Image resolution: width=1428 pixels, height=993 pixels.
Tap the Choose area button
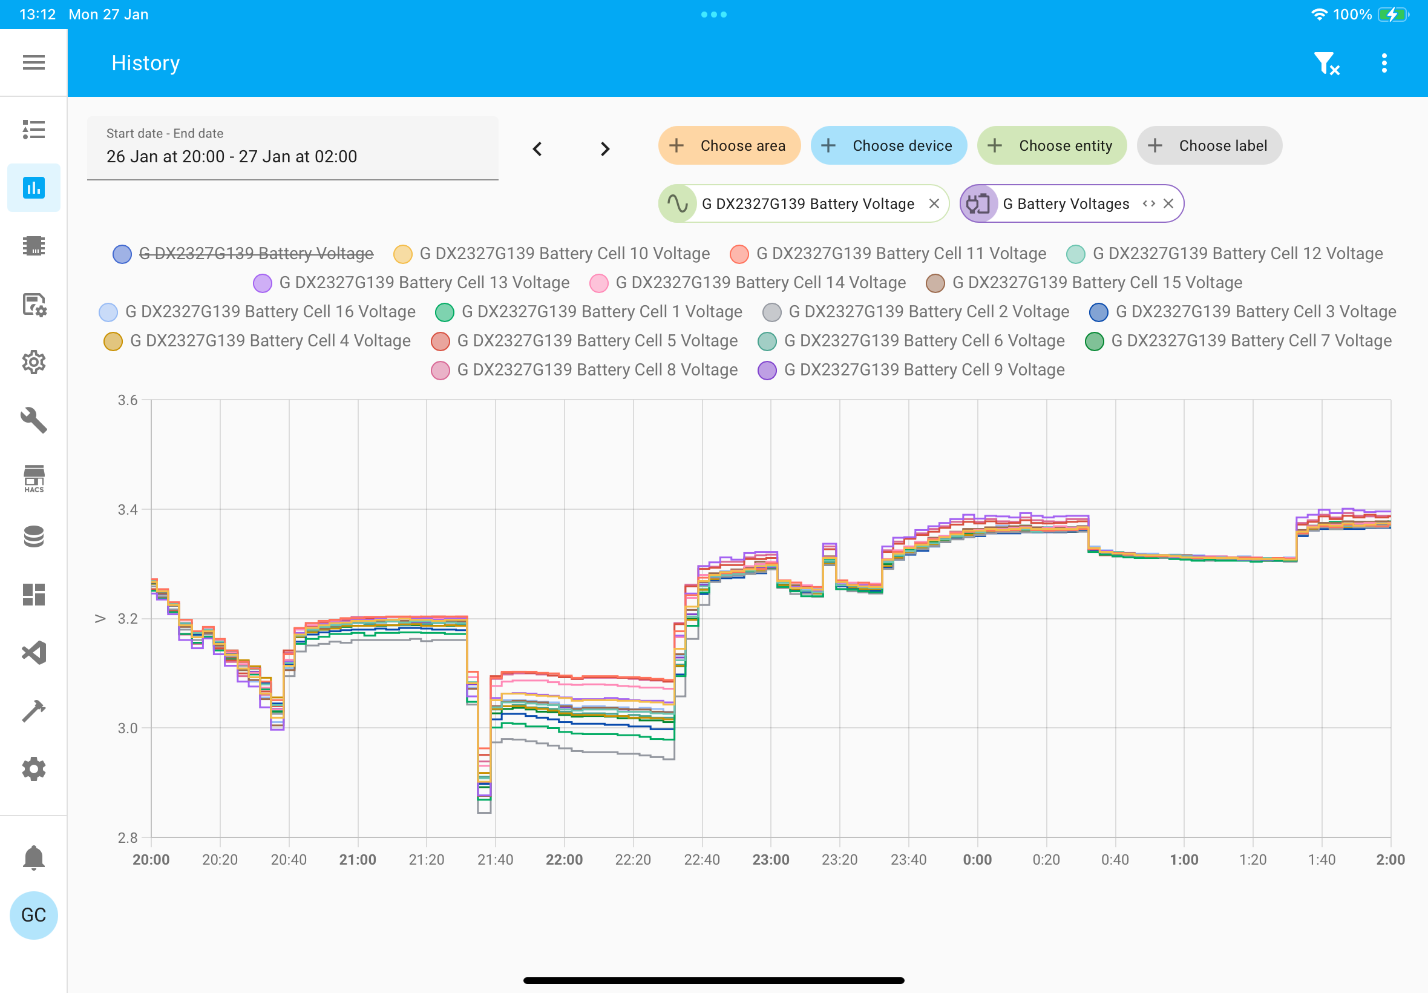[729, 145]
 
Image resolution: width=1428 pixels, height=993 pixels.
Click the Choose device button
[888, 145]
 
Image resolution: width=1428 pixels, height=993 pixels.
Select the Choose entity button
[1052, 145]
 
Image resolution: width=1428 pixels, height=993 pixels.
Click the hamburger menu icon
[33, 62]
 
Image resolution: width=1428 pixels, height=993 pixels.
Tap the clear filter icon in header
[1326, 64]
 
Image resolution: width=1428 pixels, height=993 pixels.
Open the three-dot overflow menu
[1384, 63]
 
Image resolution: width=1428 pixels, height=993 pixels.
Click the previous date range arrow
[537, 150]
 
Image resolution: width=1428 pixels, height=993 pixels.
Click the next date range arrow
[605, 150]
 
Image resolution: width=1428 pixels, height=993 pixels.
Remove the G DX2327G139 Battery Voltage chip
[934, 203]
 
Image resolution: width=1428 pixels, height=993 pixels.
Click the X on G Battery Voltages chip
[1168, 203]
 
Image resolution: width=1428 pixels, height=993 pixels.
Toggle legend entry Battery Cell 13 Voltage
[411, 283]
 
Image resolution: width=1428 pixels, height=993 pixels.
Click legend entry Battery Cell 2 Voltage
[915, 312]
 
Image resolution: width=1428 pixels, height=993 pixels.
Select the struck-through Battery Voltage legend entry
[243, 254]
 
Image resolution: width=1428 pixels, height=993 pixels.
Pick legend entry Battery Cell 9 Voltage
[911, 370]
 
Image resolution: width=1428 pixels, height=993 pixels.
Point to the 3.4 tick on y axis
[128, 510]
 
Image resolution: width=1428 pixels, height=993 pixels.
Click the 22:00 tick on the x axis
[565, 860]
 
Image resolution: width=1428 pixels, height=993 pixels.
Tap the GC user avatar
[33, 915]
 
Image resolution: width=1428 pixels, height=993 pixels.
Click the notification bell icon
[33, 858]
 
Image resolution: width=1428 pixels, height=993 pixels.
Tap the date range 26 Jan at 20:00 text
[165, 157]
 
